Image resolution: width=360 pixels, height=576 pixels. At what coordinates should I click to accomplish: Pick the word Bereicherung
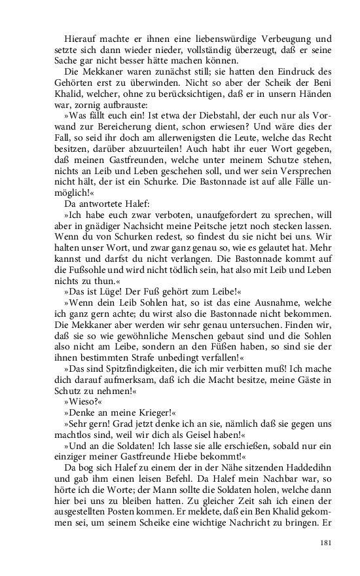(128, 135)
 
